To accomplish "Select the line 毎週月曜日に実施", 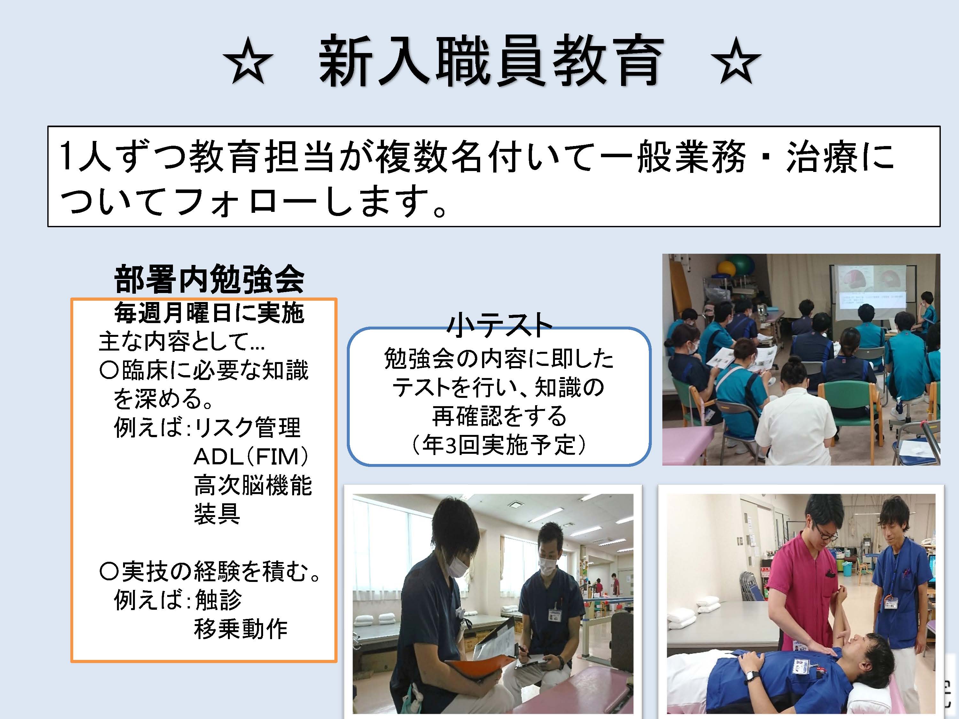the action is tap(209, 313).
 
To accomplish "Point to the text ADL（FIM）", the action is tap(252, 457).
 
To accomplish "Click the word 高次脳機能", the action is tap(253, 485).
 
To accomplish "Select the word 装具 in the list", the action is tap(217, 514).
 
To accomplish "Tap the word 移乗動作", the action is tap(241, 629).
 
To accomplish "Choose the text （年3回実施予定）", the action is tap(499, 445).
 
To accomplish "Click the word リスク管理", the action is tap(247, 428).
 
